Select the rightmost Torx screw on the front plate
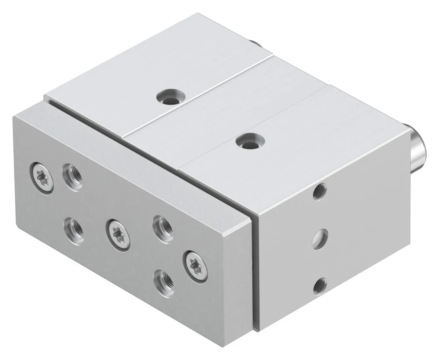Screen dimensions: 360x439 [194, 264]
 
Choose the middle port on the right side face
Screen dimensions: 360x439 [319, 239]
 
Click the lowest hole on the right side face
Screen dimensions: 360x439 [320, 285]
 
